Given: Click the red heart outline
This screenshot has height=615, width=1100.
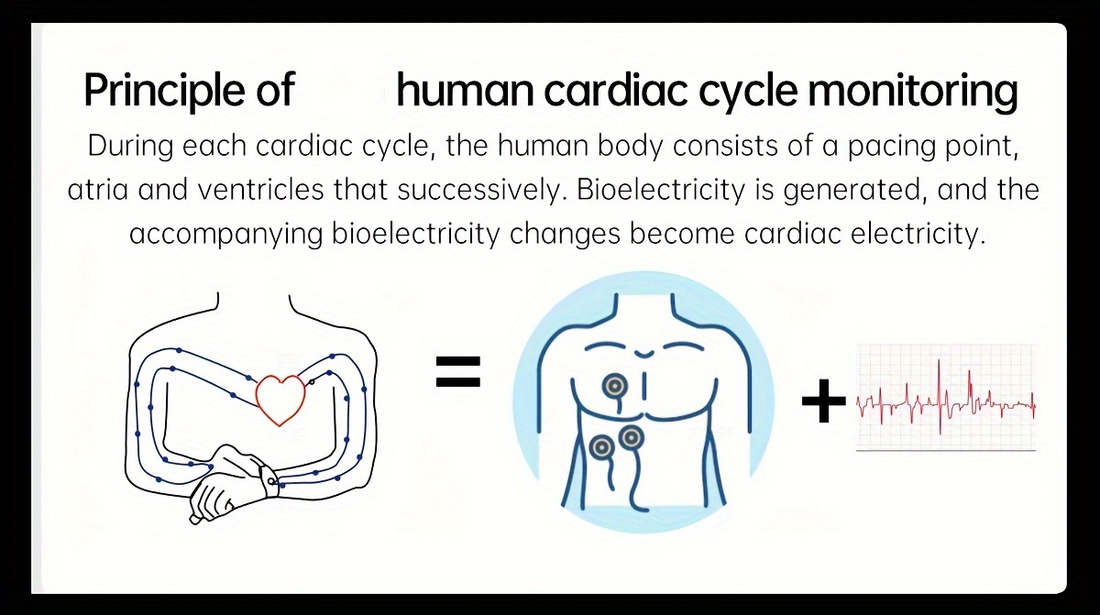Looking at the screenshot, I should click(280, 398).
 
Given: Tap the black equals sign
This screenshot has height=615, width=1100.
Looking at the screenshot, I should click(457, 372).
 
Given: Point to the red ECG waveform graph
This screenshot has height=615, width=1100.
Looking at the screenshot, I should click(944, 399).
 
